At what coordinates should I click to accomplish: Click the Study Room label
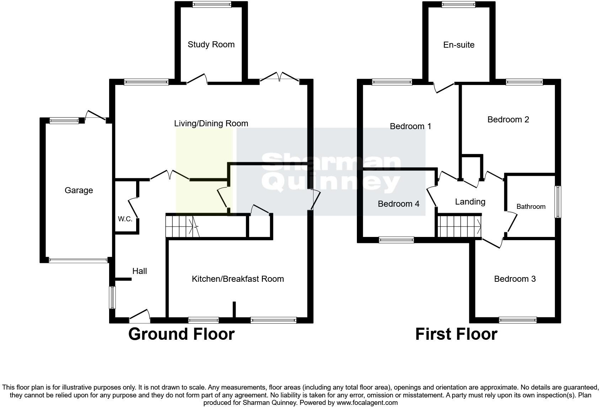click(211, 44)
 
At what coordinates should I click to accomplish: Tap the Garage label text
click(79, 190)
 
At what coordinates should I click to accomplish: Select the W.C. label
click(125, 219)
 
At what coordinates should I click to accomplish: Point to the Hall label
click(139, 271)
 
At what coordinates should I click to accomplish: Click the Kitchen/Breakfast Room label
click(238, 279)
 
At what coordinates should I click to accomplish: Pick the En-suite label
click(459, 45)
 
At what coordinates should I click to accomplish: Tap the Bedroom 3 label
click(515, 279)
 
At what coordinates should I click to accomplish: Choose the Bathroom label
click(531, 207)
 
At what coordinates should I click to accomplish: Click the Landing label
click(470, 202)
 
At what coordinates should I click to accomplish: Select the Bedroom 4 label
click(398, 204)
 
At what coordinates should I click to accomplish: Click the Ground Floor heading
click(181, 334)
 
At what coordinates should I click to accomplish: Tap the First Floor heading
click(456, 334)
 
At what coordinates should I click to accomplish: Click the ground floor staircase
click(180, 226)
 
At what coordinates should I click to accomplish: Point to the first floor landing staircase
click(459, 226)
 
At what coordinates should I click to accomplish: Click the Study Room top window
click(212, 5)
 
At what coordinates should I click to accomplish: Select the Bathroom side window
click(558, 201)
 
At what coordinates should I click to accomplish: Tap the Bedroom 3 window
click(518, 320)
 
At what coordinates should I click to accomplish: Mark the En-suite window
click(459, 5)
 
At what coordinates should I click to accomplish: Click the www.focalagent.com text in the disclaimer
click(367, 403)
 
